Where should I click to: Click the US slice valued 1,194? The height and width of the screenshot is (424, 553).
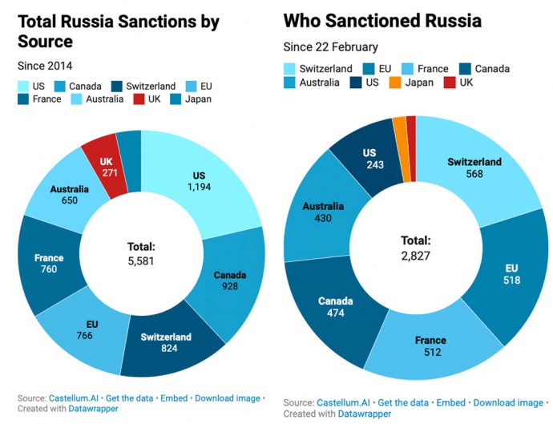pos(200,183)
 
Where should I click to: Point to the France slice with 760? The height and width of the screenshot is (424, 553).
pos(49,264)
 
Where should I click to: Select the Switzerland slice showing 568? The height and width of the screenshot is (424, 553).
pos(474,168)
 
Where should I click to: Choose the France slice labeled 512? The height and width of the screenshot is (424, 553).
pos(430,346)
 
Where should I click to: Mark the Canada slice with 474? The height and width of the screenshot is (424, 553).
pos(330,307)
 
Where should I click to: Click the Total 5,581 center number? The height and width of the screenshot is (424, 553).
pos(141,261)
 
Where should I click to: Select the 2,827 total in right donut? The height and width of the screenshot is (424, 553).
pos(416,255)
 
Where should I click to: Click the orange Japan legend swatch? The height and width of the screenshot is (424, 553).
pos(394,83)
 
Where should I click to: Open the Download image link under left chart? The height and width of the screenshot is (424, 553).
pos(227,398)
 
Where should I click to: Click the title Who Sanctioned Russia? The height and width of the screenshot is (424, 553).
pos(393,20)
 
